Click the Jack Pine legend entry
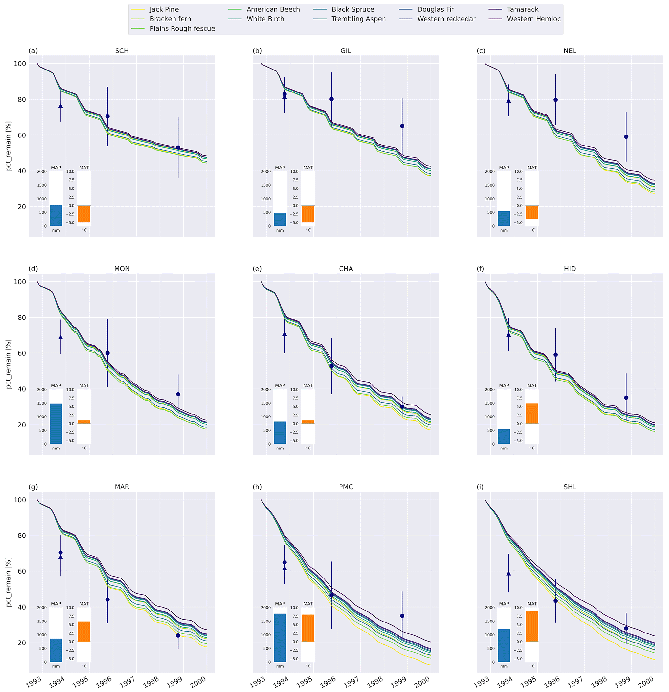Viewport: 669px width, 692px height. [x=164, y=9]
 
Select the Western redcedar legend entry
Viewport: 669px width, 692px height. [x=446, y=19]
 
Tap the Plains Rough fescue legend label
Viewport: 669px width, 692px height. [x=182, y=28]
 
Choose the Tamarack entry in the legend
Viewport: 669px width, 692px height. [x=522, y=9]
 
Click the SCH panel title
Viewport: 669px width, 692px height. [x=122, y=51]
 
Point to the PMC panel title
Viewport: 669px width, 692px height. [x=346, y=487]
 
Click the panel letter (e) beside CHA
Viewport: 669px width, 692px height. [x=257, y=269]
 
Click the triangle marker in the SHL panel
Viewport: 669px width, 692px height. [x=508, y=573]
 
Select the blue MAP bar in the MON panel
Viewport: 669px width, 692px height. [x=56, y=423]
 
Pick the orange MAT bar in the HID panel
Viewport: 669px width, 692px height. [x=532, y=414]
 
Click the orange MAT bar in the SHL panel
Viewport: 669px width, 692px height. [x=532, y=626]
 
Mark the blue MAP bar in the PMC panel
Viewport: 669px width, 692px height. [x=280, y=638]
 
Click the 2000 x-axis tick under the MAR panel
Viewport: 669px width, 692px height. [x=197, y=682]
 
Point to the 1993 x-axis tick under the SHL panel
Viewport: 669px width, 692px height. [x=481, y=682]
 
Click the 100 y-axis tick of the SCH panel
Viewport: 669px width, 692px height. [x=20, y=64]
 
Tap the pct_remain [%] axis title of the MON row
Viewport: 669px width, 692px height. [x=9, y=364]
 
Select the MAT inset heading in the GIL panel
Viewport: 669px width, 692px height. [x=308, y=168]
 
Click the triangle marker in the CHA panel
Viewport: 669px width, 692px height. [x=284, y=334]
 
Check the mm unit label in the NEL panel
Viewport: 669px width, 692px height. [x=504, y=230]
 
